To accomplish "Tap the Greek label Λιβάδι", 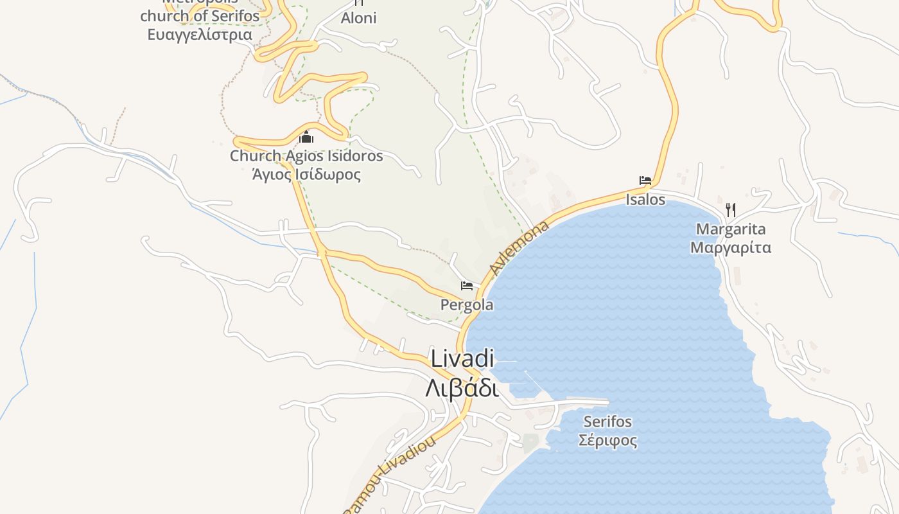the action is point(462,387).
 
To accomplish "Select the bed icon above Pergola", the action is point(467,286).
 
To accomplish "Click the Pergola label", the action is point(467,305).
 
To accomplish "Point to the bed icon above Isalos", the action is point(645,181).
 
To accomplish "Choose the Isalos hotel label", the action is point(645,200).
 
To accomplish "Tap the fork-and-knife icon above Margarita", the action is point(730,209).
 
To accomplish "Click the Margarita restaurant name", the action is point(731,229).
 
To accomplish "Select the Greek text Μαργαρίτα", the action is point(731,247).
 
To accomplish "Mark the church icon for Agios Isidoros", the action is point(306,137).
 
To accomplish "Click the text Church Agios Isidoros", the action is point(306,155).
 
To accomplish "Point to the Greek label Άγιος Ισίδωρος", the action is point(306,174).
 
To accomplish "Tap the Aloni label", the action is point(358,18).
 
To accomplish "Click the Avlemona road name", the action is point(519,247).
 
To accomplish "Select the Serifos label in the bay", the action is point(607,421).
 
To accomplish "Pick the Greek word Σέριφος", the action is point(607,440).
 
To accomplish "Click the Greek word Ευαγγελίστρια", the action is point(200,34).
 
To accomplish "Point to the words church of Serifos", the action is point(200,15).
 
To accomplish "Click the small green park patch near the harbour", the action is point(530,443).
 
